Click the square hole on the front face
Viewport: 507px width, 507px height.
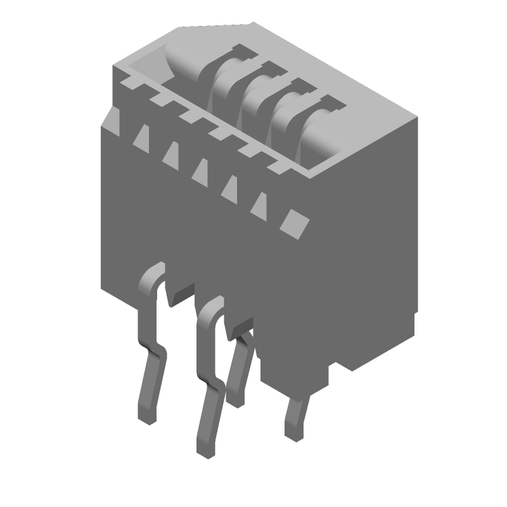pos(295,222)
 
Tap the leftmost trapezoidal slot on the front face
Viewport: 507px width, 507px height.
pos(141,137)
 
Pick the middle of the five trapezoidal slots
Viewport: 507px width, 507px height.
pos(201,171)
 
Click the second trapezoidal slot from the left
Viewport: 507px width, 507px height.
pos(170,154)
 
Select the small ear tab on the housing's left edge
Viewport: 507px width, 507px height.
pos(110,120)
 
